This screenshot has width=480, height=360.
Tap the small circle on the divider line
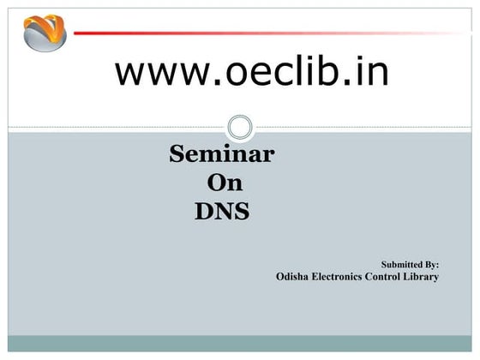point(240,128)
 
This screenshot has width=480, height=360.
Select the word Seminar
point(222,155)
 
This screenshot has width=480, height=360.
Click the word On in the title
point(225,183)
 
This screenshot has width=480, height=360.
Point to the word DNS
point(222,210)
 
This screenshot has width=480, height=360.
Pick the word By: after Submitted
point(431,266)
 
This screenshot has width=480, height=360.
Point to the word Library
point(423,277)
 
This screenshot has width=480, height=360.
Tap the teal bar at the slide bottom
point(240,343)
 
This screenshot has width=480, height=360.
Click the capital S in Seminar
point(177,155)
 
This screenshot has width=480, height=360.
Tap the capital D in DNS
point(203,210)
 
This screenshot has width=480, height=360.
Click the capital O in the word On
point(217,183)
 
